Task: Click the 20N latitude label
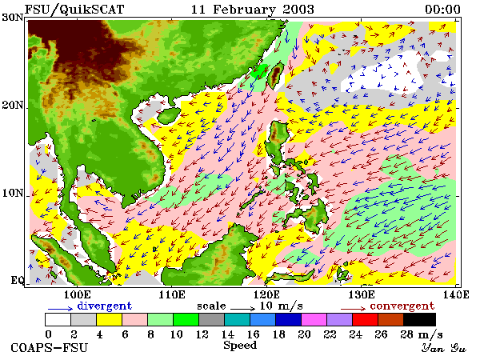(x=13, y=105)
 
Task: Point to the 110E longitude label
(x=172, y=294)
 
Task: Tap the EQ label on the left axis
(x=17, y=280)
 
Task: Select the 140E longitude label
(x=456, y=294)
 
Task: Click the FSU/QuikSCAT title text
(x=74, y=10)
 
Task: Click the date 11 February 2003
(x=253, y=10)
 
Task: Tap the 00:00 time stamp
(x=442, y=10)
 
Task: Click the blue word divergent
(x=104, y=306)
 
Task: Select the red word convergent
(x=402, y=306)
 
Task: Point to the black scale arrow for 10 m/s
(x=242, y=309)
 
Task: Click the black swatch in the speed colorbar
(x=419, y=319)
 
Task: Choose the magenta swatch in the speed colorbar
(x=314, y=319)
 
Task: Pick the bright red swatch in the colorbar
(x=366, y=319)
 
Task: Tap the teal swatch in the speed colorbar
(x=238, y=319)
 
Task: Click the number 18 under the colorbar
(x=278, y=334)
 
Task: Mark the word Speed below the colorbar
(x=240, y=346)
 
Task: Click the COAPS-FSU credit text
(x=49, y=348)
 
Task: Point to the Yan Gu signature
(x=443, y=348)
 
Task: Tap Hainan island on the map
(x=169, y=116)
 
